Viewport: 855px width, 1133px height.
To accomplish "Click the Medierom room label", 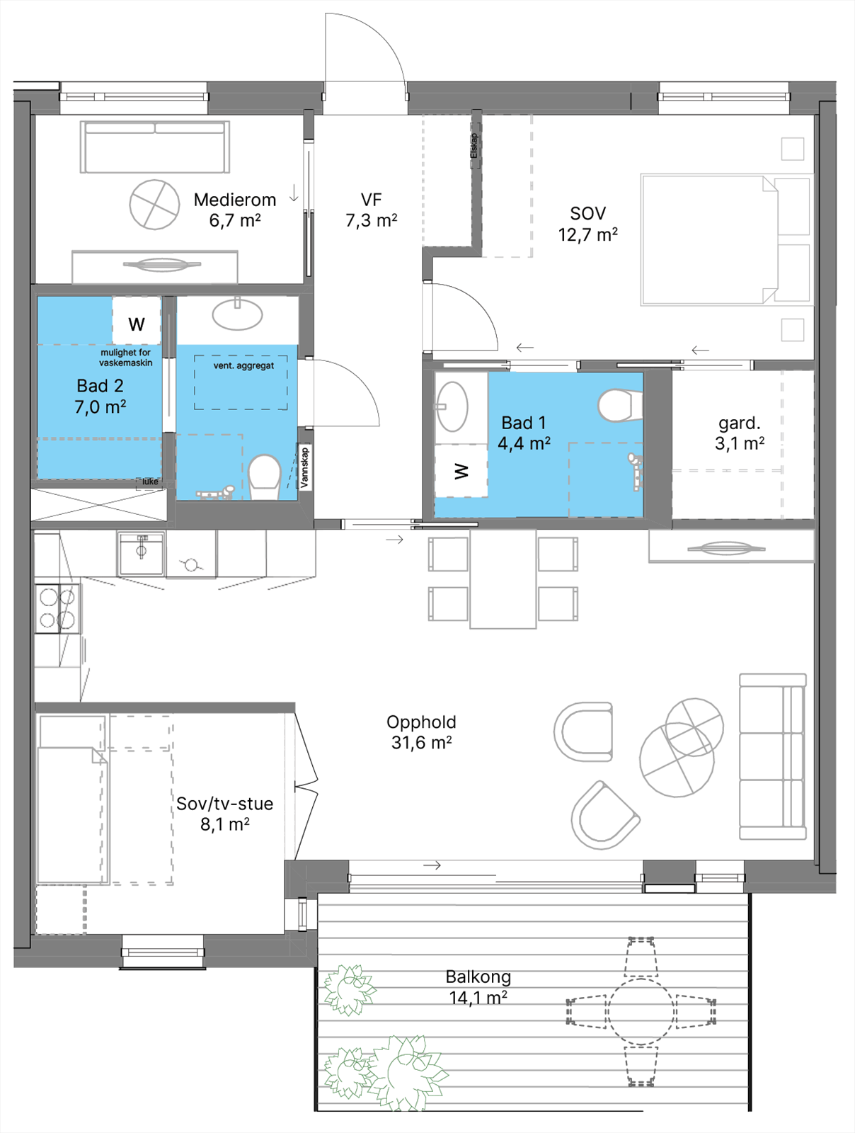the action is click(x=235, y=200).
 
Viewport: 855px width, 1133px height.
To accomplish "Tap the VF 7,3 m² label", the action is click(x=372, y=210).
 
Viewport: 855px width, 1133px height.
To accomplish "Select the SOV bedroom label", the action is click(x=588, y=213).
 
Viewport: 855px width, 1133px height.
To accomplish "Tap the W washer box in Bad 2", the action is click(x=137, y=321).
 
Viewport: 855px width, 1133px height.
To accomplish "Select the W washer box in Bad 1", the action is click(x=461, y=471).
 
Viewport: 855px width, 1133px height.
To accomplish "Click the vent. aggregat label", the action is click(x=243, y=366).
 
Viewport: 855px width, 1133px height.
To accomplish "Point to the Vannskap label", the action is click(x=304, y=467).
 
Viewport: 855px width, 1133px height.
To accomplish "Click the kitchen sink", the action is click(x=142, y=553).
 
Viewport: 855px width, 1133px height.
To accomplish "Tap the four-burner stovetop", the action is click(x=58, y=608).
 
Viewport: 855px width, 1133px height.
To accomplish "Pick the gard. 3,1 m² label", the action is click(x=740, y=433).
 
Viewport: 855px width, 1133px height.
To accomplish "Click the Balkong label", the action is click(x=478, y=977).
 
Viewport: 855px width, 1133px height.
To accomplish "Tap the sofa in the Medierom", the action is click(x=155, y=147).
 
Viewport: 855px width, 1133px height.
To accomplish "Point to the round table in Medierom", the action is click(x=155, y=205).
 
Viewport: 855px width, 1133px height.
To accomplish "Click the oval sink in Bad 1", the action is click(x=452, y=406).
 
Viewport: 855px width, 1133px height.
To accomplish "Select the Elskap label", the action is click(x=474, y=146).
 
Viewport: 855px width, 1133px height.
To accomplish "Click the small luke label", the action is click(x=150, y=482).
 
